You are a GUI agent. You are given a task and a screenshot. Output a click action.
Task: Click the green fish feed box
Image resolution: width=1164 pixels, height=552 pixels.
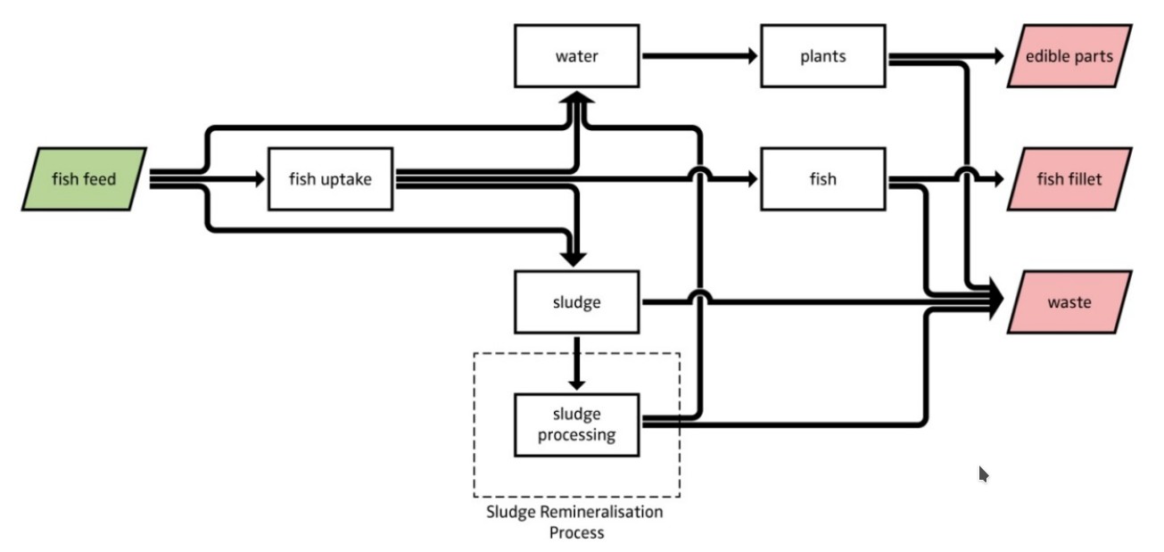pos(84,179)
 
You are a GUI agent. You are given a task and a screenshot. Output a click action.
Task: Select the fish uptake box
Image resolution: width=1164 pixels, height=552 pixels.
pos(331,179)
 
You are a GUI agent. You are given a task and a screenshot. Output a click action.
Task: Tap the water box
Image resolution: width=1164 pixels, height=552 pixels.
pos(577,55)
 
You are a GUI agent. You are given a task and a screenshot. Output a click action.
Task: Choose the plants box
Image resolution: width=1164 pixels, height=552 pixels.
pos(823,55)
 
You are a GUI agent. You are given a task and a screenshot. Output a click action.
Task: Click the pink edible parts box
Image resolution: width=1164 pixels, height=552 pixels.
pos(1069,55)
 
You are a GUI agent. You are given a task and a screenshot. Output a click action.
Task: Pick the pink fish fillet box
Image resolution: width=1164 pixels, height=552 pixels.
pos(1069,179)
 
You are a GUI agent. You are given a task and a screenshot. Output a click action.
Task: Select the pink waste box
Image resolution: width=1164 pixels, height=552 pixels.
pos(1069,302)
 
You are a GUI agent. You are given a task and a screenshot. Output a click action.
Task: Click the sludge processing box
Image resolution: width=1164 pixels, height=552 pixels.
pos(577,425)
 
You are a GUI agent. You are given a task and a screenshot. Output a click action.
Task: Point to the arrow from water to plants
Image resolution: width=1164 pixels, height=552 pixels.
pos(700,55)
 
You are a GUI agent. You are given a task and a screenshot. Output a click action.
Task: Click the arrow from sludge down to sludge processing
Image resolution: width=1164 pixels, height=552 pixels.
pos(577,363)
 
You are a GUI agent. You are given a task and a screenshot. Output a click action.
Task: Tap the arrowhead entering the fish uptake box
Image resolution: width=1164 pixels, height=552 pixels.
pos(260,179)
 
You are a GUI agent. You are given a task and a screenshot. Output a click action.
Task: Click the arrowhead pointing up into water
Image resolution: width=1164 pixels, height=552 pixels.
pos(576,98)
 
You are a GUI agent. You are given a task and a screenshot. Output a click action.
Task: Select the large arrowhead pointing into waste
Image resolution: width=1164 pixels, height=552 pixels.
pos(996,299)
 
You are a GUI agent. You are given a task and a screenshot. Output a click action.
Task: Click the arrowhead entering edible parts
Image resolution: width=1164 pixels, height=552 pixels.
pos(999,55)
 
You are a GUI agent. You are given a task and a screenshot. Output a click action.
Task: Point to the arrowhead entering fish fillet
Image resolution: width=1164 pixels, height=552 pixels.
pos(999,179)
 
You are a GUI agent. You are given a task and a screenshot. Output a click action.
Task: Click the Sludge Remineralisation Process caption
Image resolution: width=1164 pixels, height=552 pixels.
pos(575,522)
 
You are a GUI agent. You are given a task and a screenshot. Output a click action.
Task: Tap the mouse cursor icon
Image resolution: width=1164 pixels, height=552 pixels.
pos(983,474)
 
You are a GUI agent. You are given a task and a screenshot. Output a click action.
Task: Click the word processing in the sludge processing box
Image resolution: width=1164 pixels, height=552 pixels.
pos(577,435)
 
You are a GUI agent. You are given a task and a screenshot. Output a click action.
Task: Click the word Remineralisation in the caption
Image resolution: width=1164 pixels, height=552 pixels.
pos(601,512)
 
